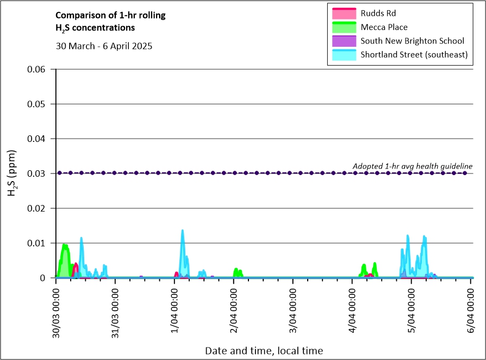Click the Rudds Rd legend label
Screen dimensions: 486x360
(378, 14)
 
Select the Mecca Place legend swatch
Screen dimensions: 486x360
(344, 27)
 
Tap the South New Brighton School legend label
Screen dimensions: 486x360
(412, 41)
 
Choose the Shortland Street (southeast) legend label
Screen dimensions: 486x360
(414, 54)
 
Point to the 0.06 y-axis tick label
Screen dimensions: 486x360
(36, 69)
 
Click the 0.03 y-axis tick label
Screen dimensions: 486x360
(36, 173)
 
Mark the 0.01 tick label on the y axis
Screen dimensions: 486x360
(36, 243)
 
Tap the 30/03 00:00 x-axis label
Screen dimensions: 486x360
(56, 313)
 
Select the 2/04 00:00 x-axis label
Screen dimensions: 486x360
(234, 311)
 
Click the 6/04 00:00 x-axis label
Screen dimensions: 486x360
(471, 311)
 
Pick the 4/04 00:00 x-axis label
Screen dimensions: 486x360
(352, 311)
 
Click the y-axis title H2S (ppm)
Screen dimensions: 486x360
(12, 173)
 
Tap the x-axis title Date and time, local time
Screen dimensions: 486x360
(264, 351)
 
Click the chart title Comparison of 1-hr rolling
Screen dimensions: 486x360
(110, 15)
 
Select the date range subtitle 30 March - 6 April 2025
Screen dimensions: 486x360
(104, 46)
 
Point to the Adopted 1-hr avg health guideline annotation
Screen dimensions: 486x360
(413, 166)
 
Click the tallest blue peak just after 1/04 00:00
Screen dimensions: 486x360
(182, 231)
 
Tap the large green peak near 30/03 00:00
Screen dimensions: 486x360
(65, 245)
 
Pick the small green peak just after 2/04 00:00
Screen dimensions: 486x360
(236, 269)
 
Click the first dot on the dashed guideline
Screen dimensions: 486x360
(59, 173)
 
